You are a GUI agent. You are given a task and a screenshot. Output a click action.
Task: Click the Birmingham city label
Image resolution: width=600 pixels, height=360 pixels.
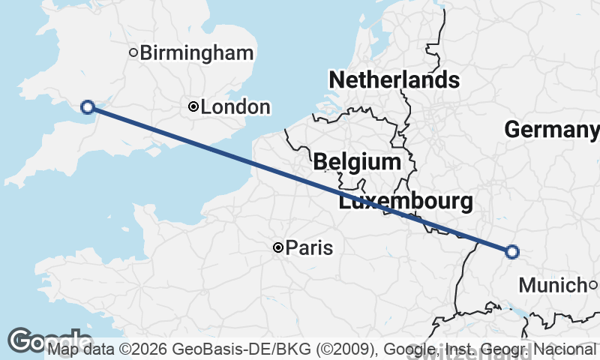click(x=196, y=52)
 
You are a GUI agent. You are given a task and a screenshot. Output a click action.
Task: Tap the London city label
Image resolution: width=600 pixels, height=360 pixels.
click(x=235, y=107)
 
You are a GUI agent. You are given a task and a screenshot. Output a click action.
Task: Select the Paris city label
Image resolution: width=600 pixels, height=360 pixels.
click(x=310, y=247)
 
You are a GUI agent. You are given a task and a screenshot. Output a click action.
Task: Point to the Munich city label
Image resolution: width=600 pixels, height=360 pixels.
click(x=552, y=285)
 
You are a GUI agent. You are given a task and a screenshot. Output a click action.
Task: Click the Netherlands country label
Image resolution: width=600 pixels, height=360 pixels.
click(x=394, y=79)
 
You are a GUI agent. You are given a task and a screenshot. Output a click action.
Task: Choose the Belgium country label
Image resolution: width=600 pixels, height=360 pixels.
click(x=357, y=161)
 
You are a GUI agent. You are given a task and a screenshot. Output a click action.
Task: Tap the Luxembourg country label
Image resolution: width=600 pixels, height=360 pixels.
click(x=406, y=201)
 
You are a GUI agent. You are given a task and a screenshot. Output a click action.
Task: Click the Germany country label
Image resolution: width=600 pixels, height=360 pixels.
click(x=551, y=130)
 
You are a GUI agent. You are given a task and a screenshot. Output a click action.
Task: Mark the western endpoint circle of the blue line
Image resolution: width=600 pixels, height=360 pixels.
click(x=88, y=107)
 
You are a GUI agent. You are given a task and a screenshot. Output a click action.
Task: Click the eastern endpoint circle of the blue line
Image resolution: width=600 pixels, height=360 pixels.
click(x=512, y=252)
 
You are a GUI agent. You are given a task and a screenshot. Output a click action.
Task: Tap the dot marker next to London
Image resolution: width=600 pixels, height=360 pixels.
click(x=193, y=107)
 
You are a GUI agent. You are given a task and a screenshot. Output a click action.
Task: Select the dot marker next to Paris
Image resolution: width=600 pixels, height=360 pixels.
click(x=278, y=247)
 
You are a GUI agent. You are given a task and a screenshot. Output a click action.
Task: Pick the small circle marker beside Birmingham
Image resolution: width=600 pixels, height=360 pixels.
click(x=133, y=52)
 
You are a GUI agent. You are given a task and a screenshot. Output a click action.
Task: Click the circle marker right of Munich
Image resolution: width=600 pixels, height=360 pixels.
click(x=592, y=285)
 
